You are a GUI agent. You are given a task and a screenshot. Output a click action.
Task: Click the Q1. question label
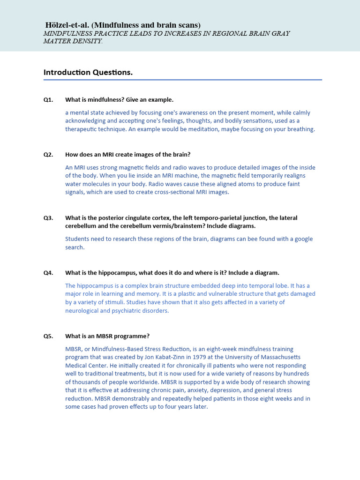[x=48, y=100]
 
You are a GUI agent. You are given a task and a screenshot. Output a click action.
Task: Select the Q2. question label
[x=48, y=155]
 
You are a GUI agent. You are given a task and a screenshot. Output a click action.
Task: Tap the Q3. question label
[x=48, y=218]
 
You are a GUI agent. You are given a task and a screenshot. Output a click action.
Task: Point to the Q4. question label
[x=48, y=273]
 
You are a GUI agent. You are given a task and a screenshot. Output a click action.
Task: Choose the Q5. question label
[x=48, y=336]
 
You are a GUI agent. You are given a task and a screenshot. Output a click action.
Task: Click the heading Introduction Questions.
[x=88, y=72]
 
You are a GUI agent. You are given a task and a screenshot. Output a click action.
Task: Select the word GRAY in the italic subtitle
[x=280, y=33]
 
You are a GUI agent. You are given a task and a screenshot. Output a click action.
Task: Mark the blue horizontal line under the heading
[x=183, y=80]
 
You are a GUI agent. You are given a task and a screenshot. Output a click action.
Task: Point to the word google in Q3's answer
[x=304, y=239]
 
